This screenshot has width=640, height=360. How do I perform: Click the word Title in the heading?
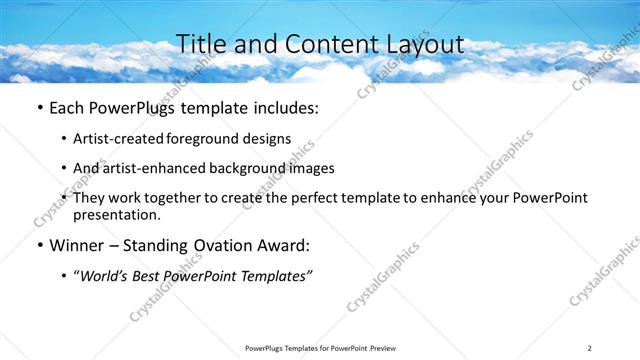point(200,44)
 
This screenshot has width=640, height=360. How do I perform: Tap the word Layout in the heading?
point(425,44)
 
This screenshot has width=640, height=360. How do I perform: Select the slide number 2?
point(590,347)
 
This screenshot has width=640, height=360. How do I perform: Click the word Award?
point(285,244)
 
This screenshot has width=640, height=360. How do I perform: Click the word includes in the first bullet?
point(286,107)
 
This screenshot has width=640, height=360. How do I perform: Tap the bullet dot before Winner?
point(39,245)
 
